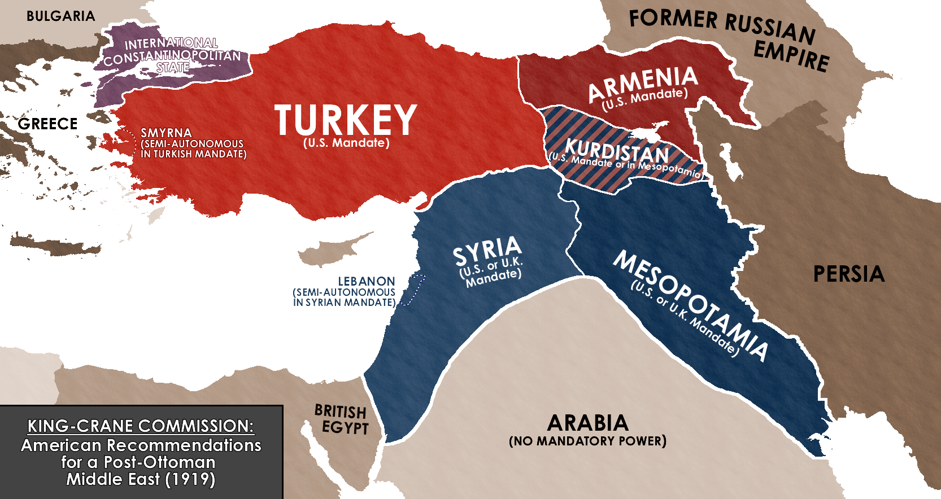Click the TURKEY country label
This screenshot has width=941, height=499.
click(x=346, y=120)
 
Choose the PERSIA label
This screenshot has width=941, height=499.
click(x=848, y=274)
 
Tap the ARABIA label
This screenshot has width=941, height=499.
click(x=587, y=423)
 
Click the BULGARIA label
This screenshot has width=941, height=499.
click(x=60, y=16)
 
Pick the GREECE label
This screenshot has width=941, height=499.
click(x=47, y=124)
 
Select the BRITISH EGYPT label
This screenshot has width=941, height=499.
click(x=341, y=419)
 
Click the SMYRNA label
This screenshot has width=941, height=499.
click(x=166, y=133)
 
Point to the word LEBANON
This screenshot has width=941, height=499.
click(x=366, y=281)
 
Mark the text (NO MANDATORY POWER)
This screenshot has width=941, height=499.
click(x=587, y=441)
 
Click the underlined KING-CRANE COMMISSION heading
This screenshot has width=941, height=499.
click(x=141, y=426)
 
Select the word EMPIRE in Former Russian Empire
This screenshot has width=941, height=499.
click(x=791, y=57)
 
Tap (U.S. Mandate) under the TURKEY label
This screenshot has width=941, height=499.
click(x=346, y=143)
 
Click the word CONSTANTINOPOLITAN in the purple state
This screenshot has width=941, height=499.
click(x=172, y=56)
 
